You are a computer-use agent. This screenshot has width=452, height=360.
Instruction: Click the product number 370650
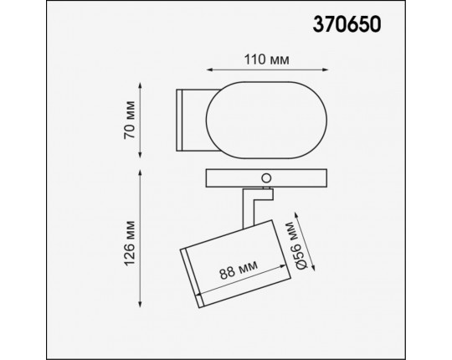[347, 23]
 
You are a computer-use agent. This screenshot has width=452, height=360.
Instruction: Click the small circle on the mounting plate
[266, 178]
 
